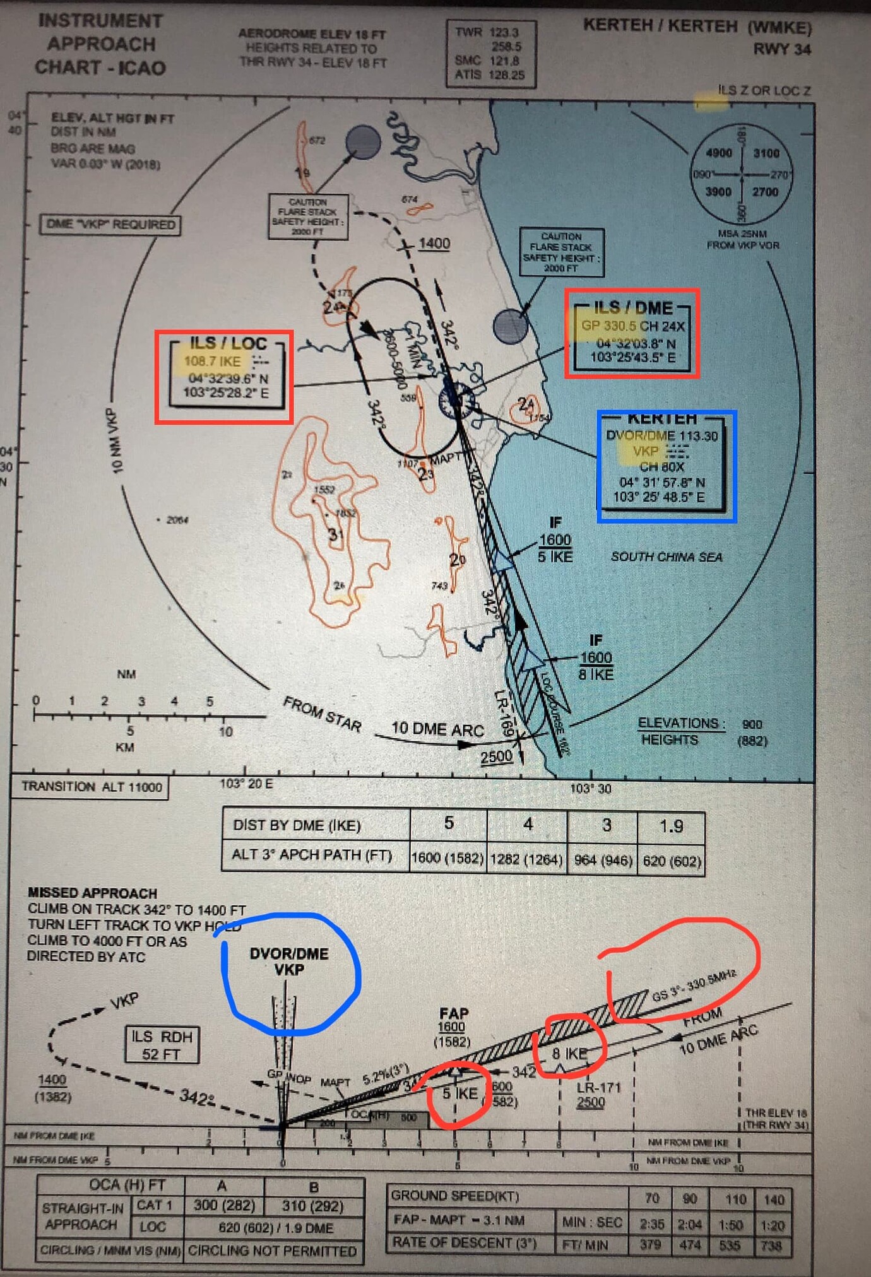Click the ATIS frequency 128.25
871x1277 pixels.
point(506,75)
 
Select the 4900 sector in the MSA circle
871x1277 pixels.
point(718,153)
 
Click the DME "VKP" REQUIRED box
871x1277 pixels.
point(110,225)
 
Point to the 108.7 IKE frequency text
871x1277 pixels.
point(212,362)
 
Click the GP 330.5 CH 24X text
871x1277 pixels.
point(632,326)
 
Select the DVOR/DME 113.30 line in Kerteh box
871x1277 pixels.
point(661,435)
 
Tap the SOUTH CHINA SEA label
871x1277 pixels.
point(667,556)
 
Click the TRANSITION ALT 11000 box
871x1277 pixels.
point(92,787)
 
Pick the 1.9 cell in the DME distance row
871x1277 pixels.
point(671,826)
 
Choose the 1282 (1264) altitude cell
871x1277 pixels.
point(527,859)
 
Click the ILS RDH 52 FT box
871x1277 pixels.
point(162,1045)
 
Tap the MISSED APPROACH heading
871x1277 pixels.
point(92,893)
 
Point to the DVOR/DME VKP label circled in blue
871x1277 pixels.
point(289,962)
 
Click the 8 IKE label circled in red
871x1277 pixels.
point(569,1053)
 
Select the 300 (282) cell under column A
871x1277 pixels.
point(224,1205)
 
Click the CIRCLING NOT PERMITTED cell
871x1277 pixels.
point(273,1251)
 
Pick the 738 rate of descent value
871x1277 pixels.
point(771,1245)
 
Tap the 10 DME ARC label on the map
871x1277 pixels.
point(437,729)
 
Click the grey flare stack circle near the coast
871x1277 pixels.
point(510,326)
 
